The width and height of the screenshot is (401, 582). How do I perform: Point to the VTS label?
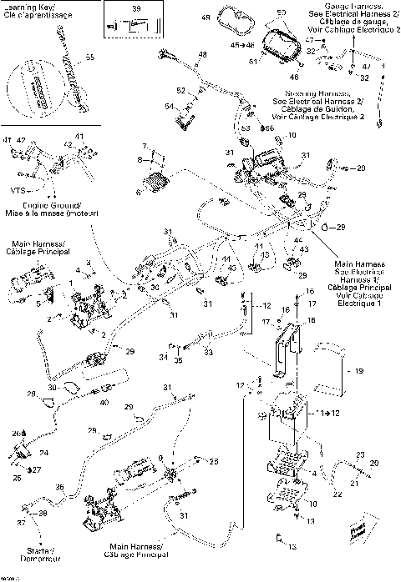click(17, 189)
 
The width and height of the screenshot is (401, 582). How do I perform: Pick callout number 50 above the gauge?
click(281, 13)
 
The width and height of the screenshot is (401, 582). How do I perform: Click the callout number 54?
click(169, 107)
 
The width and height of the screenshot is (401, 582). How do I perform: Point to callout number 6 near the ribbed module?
click(139, 191)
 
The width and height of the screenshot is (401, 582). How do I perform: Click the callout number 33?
click(206, 354)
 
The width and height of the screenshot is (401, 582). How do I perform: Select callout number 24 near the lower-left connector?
click(43, 454)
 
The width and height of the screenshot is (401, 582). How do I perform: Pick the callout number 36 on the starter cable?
click(58, 487)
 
